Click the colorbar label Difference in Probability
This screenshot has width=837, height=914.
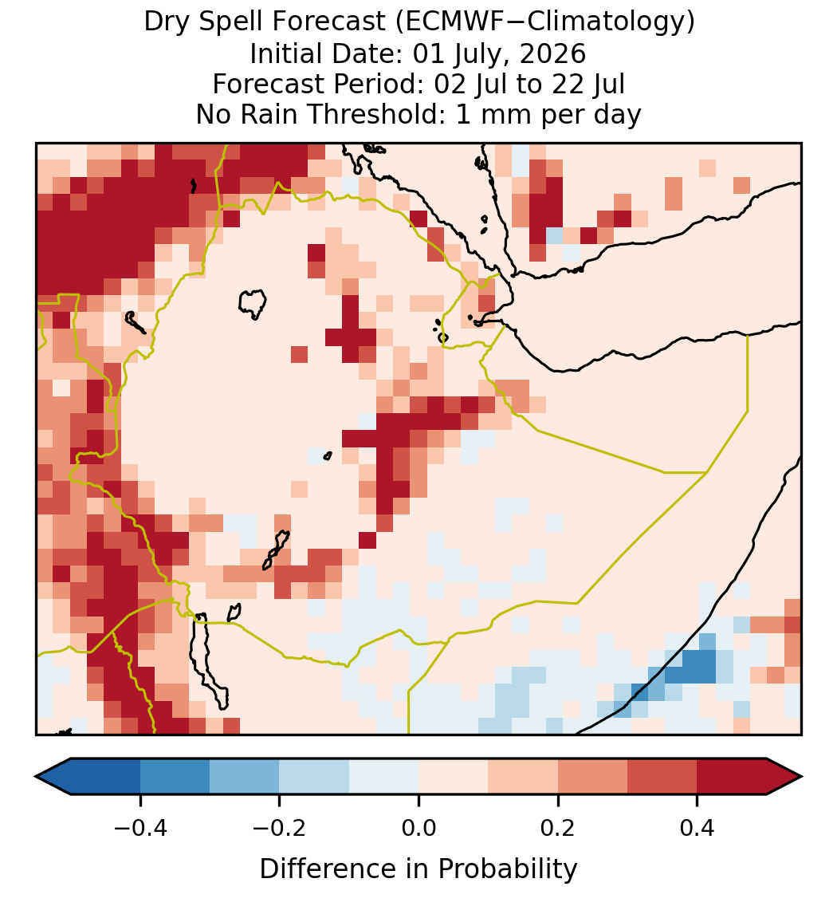pos(418,869)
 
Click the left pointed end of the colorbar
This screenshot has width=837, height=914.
pos(36,777)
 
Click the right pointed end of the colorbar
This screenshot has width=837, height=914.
pos(801,777)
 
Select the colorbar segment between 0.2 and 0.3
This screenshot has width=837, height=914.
pos(592,777)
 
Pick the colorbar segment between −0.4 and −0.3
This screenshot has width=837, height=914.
pos(175,777)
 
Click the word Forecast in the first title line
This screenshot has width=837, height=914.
pos(329,22)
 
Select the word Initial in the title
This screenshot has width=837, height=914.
pos(286,53)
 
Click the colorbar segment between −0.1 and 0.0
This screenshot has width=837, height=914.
pos(384,777)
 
